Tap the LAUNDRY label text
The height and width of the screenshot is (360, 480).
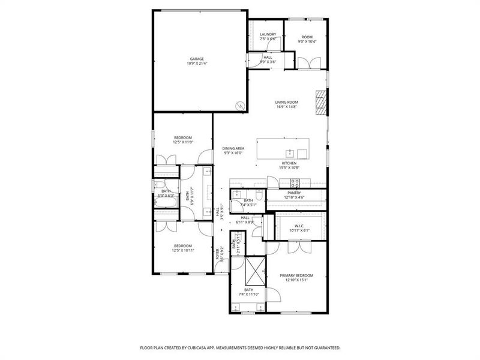coord(268,34)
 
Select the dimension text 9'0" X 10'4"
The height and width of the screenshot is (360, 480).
coord(307,41)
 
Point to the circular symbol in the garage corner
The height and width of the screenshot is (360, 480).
coord(241,106)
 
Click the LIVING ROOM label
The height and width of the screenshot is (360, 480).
coord(286,102)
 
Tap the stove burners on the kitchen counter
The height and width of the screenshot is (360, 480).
coord(295,182)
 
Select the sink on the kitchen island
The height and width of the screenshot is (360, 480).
coord(289,152)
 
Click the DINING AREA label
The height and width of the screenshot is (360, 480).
coord(233,148)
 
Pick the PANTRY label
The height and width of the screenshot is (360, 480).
coord(294,193)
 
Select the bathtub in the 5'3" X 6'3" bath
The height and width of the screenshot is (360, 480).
coord(165,203)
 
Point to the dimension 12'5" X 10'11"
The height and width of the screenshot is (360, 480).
coord(183,250)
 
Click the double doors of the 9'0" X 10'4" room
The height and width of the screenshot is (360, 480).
coord(307,62)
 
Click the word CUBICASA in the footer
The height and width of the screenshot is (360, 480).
coord(204,347)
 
